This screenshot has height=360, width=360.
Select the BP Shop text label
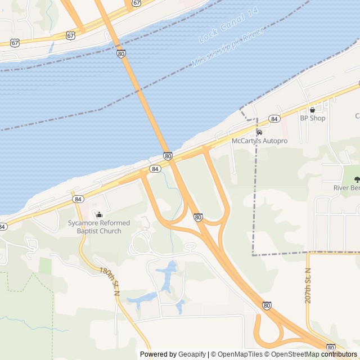coord(312,118)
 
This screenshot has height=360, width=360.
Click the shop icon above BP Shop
coord(312,110)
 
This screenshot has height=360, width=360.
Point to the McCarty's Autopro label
coord(259,141)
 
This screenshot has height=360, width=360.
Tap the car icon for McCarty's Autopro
coord(259,132)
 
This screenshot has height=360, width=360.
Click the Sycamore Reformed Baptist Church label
coord(99,227)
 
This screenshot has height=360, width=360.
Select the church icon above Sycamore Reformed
coord(99,214)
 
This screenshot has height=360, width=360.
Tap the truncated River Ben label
coord(346,188)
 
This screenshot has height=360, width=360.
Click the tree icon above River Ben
coord(357,179)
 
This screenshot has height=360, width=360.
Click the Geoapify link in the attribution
coord(192,354)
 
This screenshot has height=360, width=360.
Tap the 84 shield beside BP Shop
coord(274,119)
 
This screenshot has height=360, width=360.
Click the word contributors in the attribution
coord(339,354)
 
